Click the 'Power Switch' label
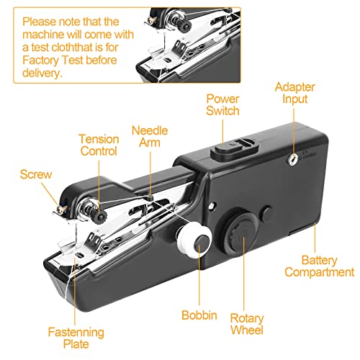click(x=222, y=105)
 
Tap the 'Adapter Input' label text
click(x=294, y=93)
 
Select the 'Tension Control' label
click(x=99, y=145)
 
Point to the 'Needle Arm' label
click(x=150, y=137)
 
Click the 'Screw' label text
click(x=36, y=174)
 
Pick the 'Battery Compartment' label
click(x=320, y=266)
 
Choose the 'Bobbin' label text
click(x=199, y=315)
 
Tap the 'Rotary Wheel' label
click(x=247, y=324)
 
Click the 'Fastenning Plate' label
click(x=76, y=338)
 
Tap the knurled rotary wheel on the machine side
click(x=241, y=234)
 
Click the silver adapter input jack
click(x=292, y=158)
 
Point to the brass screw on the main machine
click(x=61, y=210)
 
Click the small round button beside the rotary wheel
click(x=266, y=213)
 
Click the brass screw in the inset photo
click(x=153, y=20)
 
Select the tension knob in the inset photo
click(x=185, y=27)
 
